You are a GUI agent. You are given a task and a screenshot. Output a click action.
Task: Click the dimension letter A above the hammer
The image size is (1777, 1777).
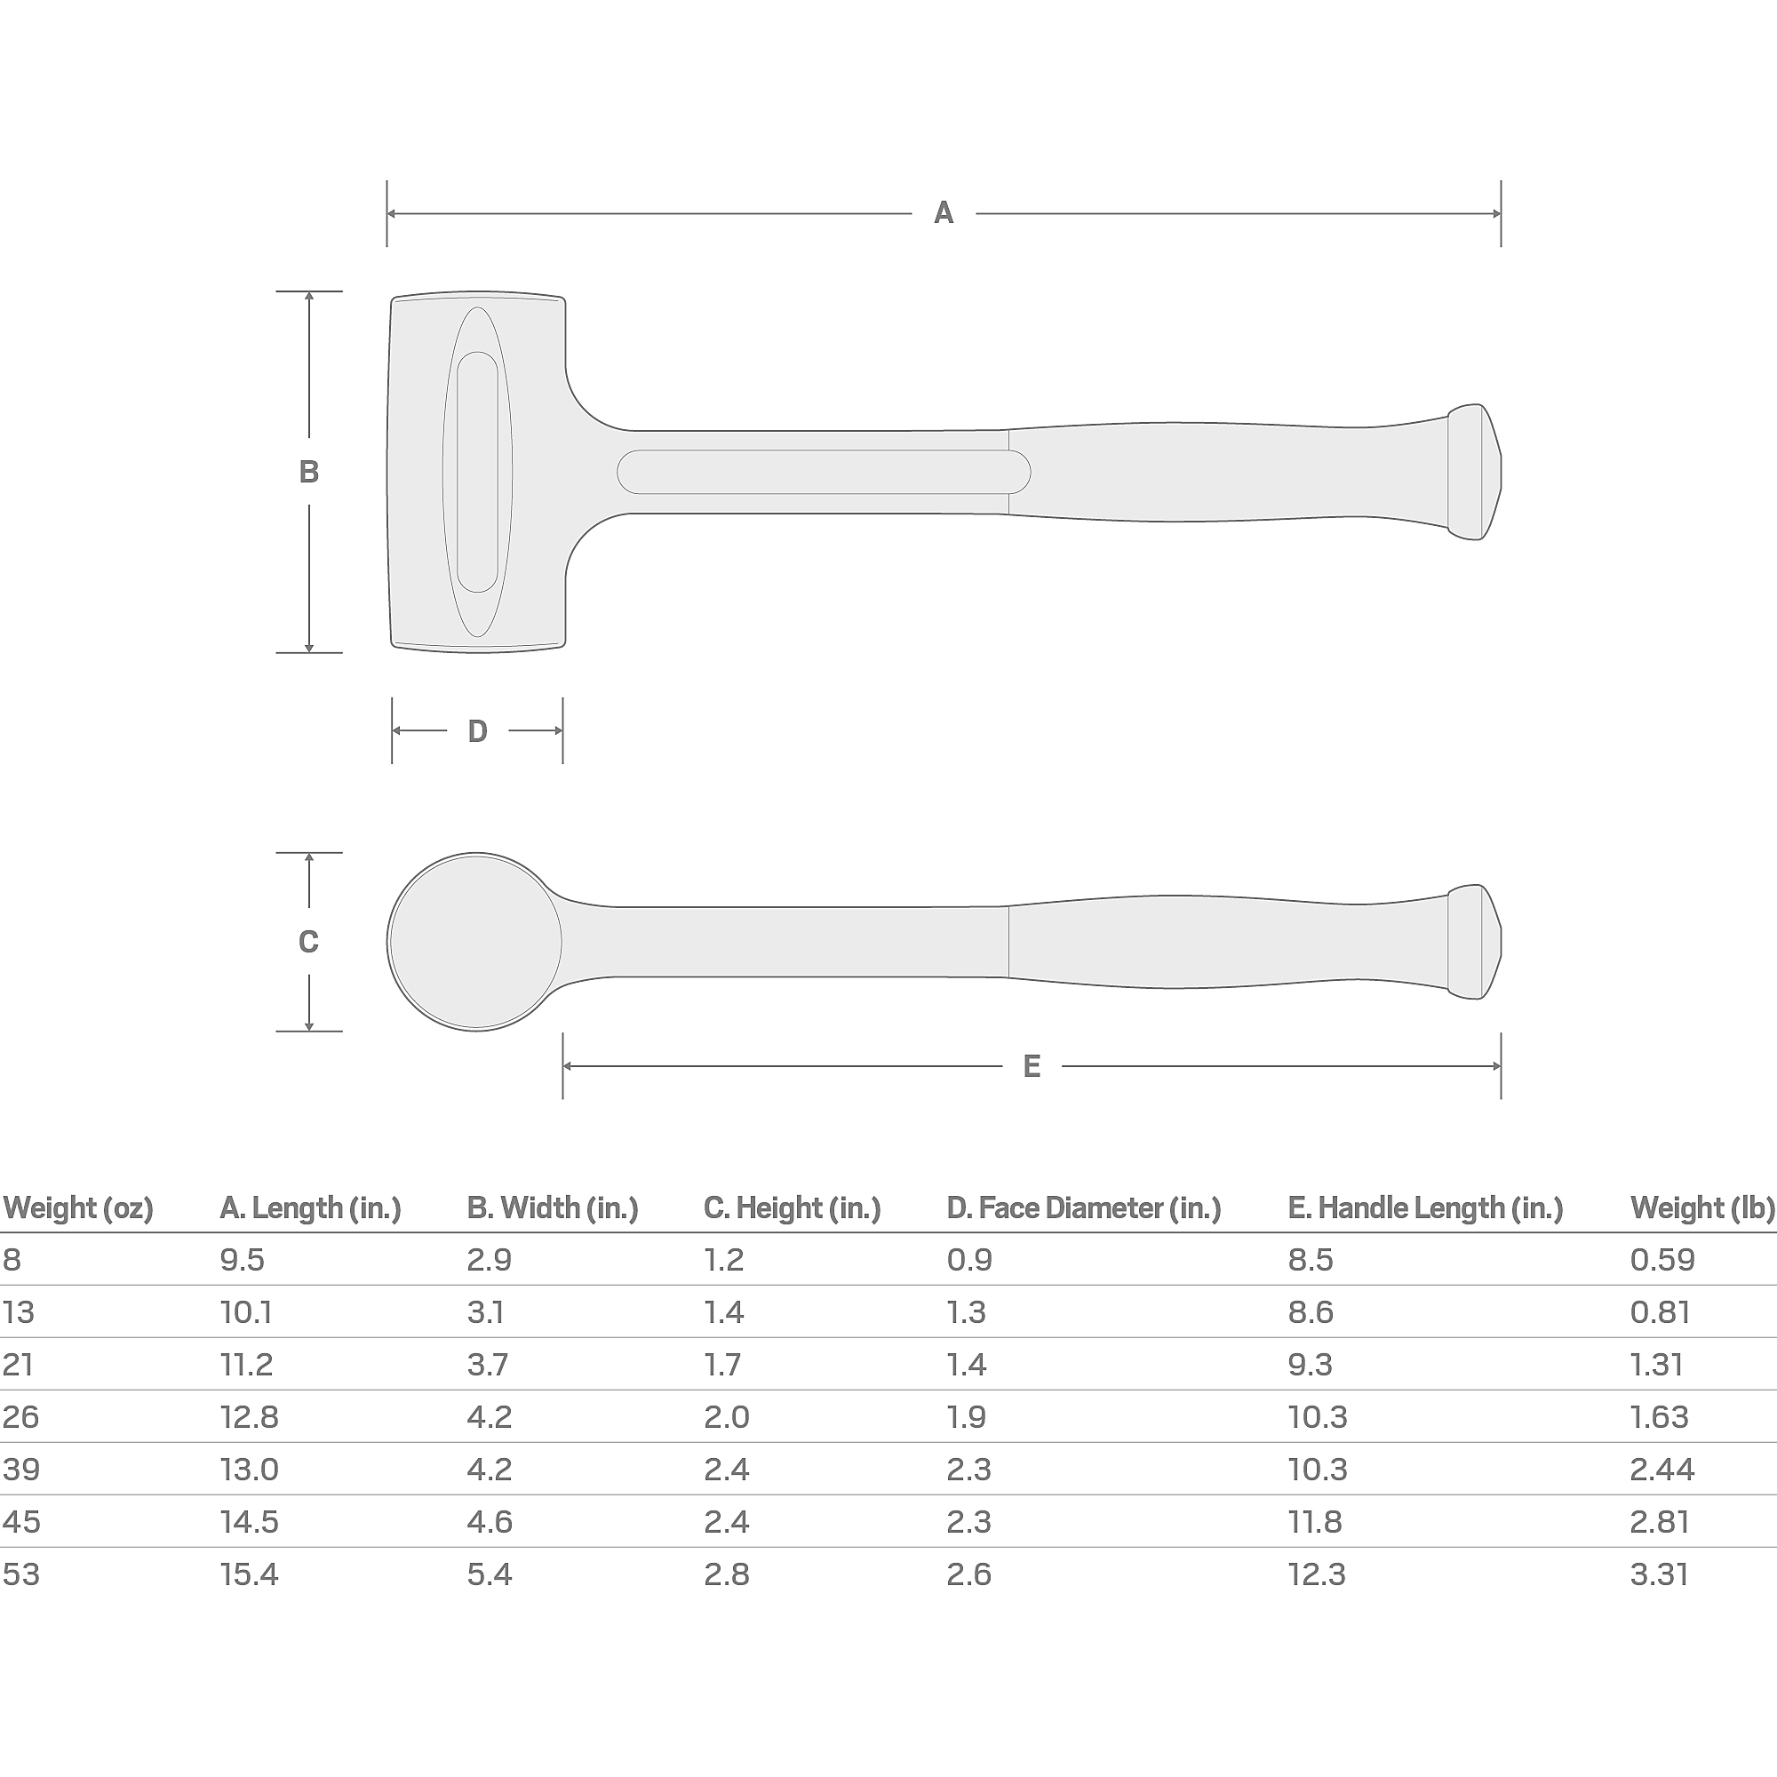point(944,213)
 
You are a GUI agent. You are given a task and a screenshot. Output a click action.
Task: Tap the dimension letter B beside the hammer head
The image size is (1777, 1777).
point(309,472)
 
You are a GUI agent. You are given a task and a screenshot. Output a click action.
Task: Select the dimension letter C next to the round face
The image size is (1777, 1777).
point(309,942)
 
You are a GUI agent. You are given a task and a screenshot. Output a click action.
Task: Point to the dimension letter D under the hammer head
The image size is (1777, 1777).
point(477,731)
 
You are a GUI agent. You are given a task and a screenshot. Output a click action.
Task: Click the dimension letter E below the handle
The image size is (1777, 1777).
point(1032,1067)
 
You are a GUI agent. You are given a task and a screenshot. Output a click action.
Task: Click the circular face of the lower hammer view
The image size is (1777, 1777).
point(475,942)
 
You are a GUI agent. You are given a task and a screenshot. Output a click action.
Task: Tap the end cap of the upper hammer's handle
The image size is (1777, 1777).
point(1474,472)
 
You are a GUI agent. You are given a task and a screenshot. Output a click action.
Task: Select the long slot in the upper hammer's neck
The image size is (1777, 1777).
point(824,472)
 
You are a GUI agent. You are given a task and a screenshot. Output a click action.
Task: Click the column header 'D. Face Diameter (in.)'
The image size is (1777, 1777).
point(1083,1207)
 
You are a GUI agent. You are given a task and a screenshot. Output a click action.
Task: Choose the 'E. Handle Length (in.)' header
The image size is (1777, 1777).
point(1426,1207)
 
